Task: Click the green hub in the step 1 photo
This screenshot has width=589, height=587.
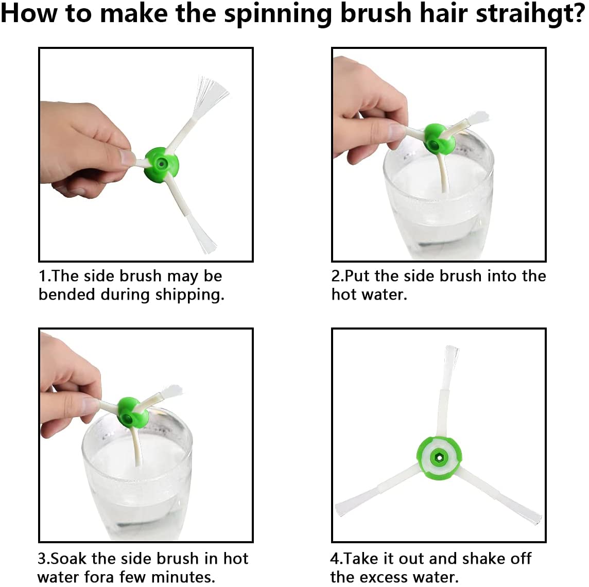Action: tap(162, 165)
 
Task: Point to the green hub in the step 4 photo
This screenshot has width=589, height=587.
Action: tap(439, 458)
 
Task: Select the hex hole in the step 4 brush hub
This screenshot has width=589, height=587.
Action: tap(439, 458)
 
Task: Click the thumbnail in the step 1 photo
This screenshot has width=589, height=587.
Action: tap(127, 157)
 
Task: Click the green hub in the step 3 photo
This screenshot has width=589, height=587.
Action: tap(133, 412)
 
